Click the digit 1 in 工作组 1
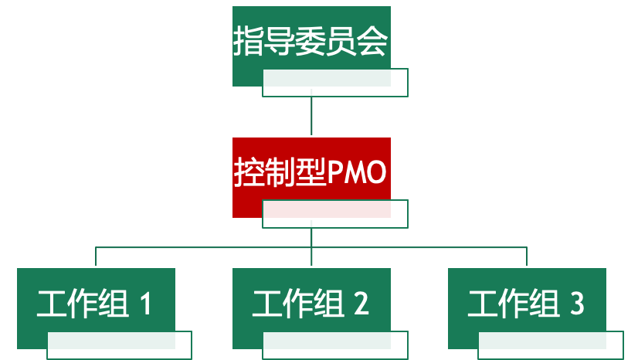(x=144, y=304)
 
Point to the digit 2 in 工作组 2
(x=361, y=304)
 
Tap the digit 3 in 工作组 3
(x=576, y=304)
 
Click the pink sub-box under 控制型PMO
(x=334, y=214)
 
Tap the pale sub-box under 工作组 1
(x=119, y=345)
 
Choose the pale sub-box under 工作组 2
(x=334, y=345)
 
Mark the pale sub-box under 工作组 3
(x=550, y=345)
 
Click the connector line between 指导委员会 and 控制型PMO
(x=311, y=116)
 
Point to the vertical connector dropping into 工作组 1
(x=96, y=256)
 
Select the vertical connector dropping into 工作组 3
(x=527, y=256)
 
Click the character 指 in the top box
(x=247, y=41)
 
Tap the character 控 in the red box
(x=247, y=173)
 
